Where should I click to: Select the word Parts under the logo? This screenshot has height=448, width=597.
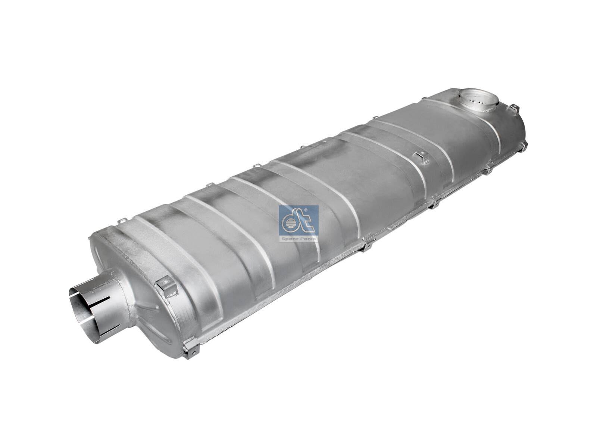click(308, 239)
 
